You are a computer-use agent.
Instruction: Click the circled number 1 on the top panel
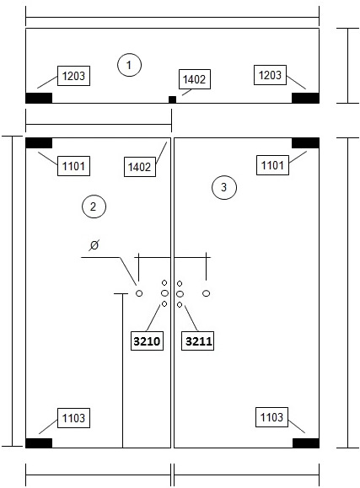(x=129, y=65)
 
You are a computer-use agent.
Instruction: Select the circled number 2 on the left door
(x=94, y=206)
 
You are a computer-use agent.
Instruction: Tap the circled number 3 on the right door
(x=224, y=187)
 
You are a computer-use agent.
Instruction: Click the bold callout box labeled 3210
(x=147, y=341)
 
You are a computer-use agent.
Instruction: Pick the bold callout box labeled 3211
(x=198, y=341)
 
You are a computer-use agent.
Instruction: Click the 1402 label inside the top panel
(x=195, y=79)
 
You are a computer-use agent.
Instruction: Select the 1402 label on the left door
(x=140, y=167)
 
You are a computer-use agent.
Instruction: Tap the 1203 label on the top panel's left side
(x=74, y=76)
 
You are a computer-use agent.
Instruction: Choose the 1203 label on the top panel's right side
(x=270, y=75)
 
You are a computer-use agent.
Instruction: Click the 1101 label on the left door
(x=74, y=166)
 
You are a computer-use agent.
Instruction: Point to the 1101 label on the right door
(x=272, y=165)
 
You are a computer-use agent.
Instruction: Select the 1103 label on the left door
(x=74, y=418)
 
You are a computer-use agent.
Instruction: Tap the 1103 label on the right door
(x=271, y=417)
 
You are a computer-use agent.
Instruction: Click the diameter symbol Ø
(x=94, y=245)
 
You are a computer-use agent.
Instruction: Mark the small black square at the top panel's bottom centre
(x=172, y=99)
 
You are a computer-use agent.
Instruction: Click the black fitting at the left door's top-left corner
(x=39, y=143)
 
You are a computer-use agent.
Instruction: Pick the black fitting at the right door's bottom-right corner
(x=306, y=443)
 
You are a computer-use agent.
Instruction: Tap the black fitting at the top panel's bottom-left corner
(x=39, y=98)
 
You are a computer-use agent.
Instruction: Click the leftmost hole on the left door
(x=139, y=293)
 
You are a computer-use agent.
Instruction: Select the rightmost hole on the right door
(x=207, y=293)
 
